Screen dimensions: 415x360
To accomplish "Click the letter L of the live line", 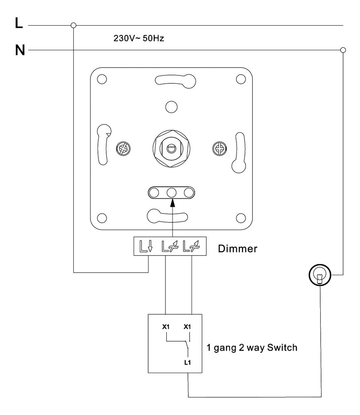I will coord(19,24).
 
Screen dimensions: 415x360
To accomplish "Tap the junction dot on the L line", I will coord(74,25).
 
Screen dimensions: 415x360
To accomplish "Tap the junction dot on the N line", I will coord(343,50).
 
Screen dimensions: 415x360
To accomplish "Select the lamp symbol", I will coord(319,275).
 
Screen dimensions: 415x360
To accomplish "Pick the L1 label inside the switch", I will coord(188,362).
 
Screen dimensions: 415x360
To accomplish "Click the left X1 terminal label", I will coord(166,327).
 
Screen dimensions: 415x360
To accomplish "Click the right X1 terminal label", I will coord(187,327).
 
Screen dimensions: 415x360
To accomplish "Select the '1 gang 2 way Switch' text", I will coord(252,348).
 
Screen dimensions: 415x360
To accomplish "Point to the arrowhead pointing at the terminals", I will coord(171,203).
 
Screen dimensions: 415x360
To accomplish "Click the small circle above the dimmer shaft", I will coord(171,107).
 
